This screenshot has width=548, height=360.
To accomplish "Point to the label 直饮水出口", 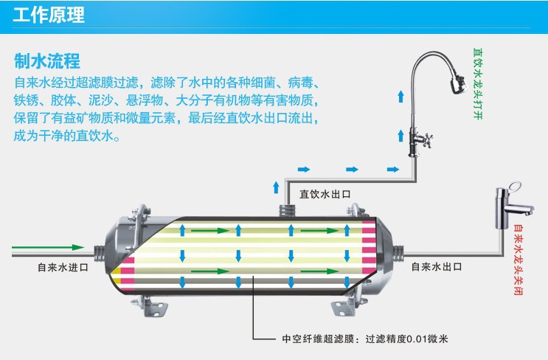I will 325,195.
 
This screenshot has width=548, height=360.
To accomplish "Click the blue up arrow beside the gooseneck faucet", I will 400,95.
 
